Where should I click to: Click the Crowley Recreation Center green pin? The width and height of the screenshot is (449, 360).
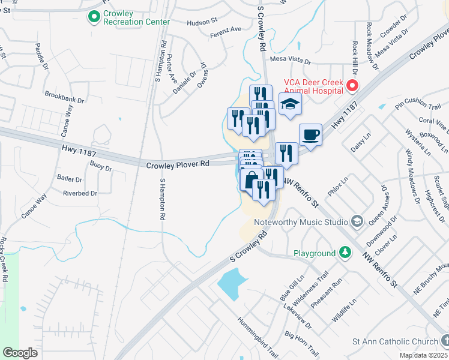tap(94, 17)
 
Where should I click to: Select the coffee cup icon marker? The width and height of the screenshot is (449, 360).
tap(310, 134)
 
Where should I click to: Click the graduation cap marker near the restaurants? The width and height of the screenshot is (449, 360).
tap(290, 104)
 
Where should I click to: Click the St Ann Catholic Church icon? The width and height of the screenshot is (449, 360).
tap(444, 341)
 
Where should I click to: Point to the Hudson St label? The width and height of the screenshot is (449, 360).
tap(202, 21)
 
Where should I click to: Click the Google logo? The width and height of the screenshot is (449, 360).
tap(20, 353)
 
